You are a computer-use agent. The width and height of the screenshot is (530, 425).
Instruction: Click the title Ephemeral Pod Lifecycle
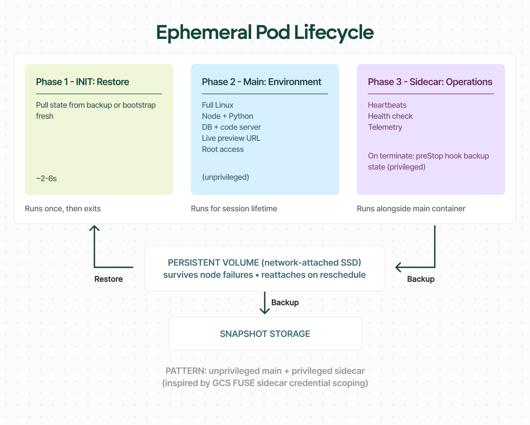coord(265,33)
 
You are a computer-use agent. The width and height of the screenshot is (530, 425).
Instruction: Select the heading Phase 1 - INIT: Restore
coord(82,82)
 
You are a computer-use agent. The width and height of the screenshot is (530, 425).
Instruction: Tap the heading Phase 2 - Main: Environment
coord(261,82)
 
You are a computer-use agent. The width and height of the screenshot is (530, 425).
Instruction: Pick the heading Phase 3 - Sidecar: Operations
coord(430,82)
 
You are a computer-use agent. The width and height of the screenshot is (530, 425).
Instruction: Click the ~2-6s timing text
coord(46,178)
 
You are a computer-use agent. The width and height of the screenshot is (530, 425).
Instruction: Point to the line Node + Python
coord(227,116)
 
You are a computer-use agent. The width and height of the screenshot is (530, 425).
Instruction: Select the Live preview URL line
coord(231,138)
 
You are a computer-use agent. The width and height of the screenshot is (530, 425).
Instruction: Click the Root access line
coord(223,149)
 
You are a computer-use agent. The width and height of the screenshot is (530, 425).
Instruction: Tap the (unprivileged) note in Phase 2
coord(226,177)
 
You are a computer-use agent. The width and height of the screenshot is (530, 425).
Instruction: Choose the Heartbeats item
coord(387,105)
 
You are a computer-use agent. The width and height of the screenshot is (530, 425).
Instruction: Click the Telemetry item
coord(385,127)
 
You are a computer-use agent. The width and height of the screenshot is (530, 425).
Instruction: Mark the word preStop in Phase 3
coord(429,156)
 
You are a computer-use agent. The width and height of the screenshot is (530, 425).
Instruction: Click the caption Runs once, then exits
coord(63,209)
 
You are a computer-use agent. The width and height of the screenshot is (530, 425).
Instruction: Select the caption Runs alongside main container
coord(411,209)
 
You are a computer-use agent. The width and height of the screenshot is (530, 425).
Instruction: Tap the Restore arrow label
coord(108,279)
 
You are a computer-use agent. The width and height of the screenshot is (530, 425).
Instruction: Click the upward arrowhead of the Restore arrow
coord(94,228)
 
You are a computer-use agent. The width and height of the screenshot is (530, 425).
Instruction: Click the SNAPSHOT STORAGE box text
coord(265,334)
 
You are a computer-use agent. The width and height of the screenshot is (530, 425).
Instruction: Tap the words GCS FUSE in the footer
coord(233,383)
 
